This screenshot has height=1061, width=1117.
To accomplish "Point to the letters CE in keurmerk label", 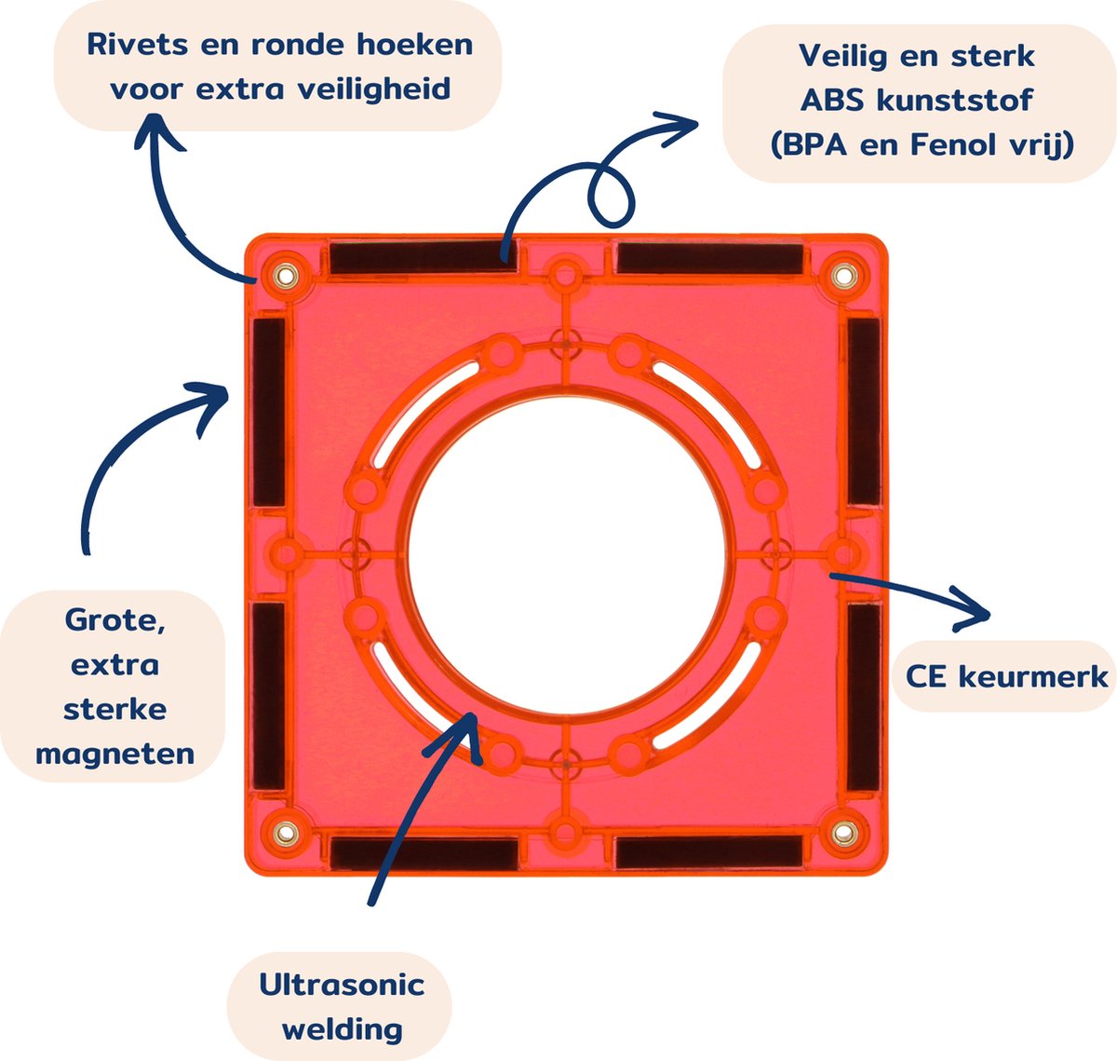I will (x=926, y=676).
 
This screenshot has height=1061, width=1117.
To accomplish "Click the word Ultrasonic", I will (x=342, y=985).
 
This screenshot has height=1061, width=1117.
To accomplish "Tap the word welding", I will (x=342, y=1029).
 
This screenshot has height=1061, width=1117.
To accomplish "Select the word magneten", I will (x=115, y=754).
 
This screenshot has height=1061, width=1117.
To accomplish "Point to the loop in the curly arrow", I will (x=611, y=196).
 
